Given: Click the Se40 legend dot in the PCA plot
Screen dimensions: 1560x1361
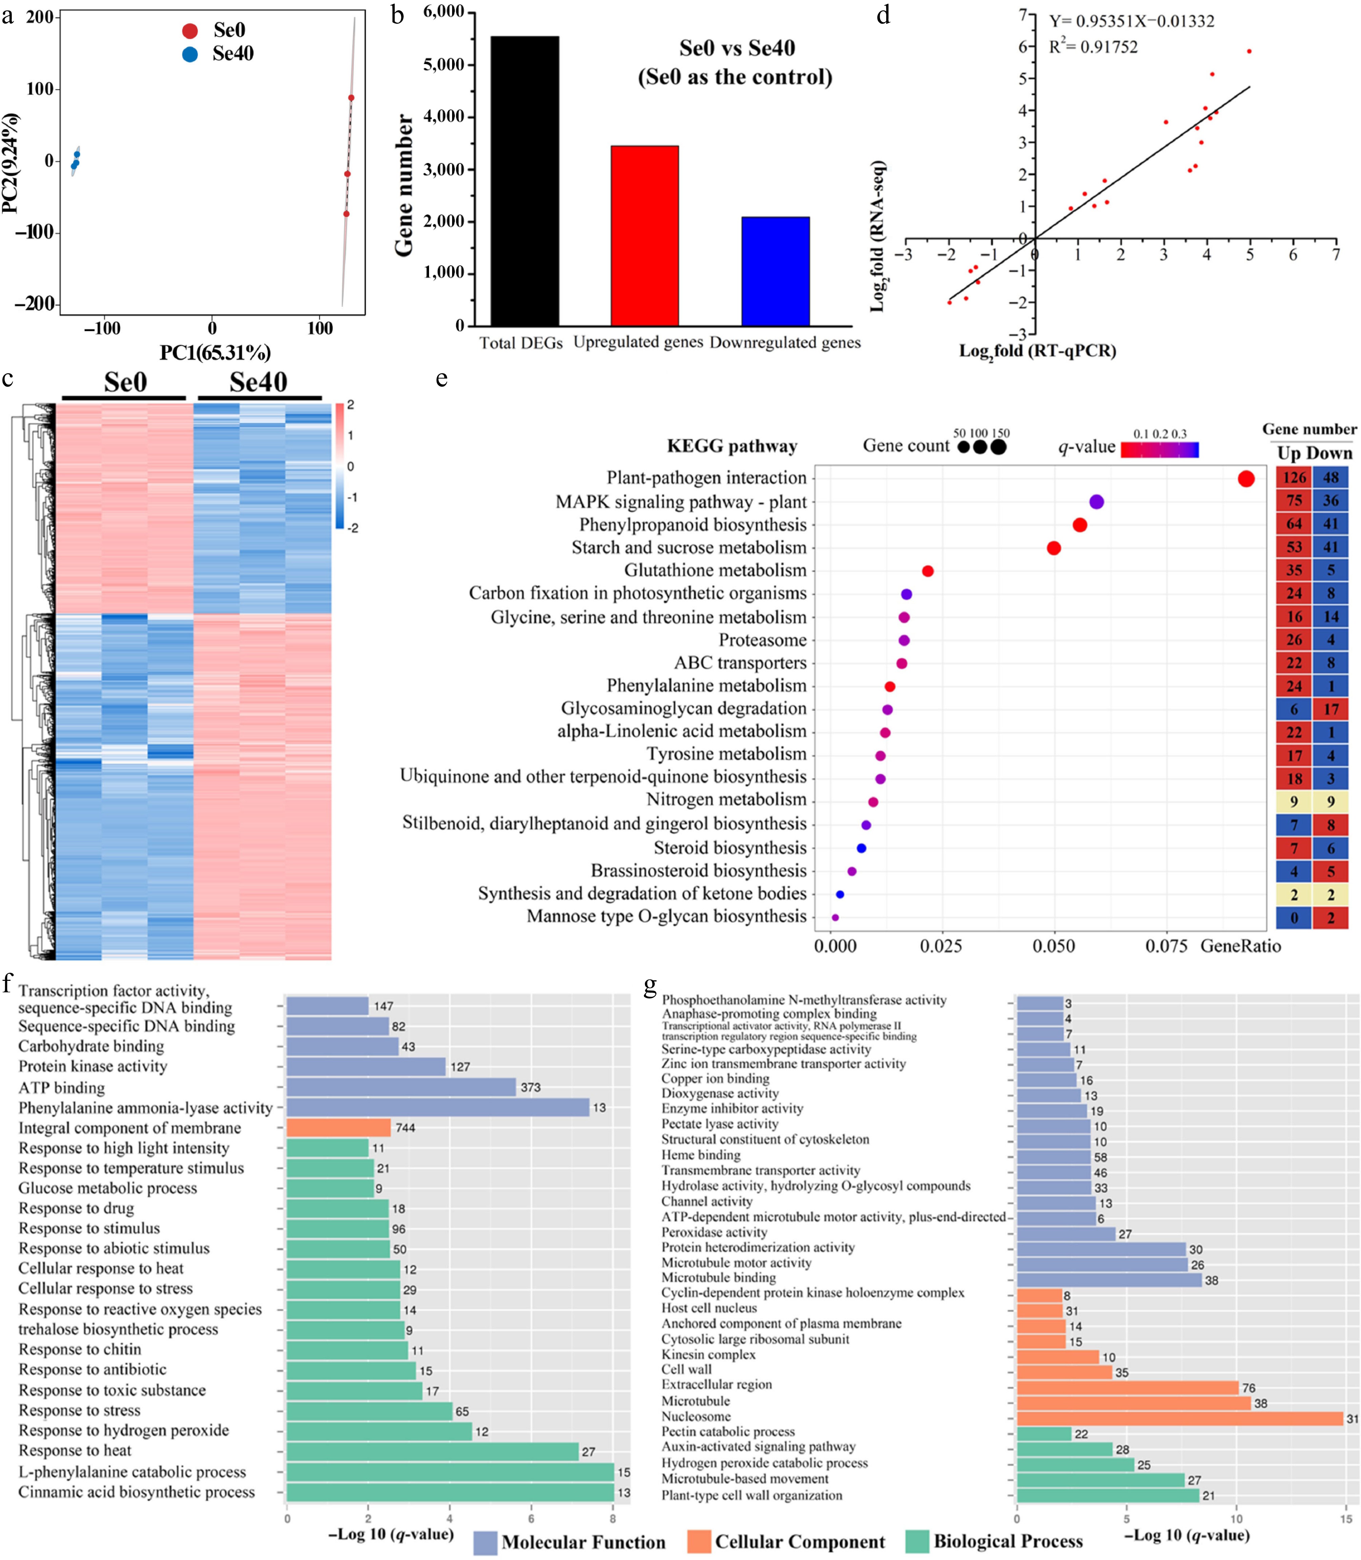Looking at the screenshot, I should click(190, 54).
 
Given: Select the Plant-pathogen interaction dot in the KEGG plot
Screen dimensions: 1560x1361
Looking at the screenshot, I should click(1245, 479).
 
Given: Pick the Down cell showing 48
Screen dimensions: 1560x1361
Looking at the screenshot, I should click(1330, 478).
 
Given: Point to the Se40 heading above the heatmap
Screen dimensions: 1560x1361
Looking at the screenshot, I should click(258, 382).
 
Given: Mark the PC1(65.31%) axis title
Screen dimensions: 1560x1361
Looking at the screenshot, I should click(215, 352).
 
